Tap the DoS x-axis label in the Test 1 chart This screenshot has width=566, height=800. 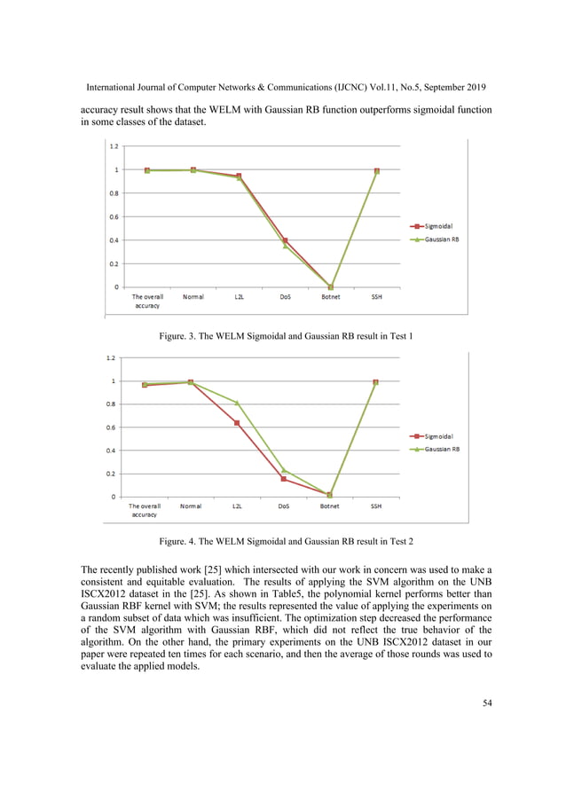284,297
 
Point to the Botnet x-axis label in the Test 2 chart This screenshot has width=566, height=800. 329,507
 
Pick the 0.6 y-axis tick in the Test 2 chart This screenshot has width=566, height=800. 109,427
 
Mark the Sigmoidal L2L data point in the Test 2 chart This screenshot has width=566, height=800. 237,423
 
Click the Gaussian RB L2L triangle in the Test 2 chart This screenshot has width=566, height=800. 237,403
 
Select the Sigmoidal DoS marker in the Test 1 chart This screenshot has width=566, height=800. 285,240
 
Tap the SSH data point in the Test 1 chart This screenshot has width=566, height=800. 376,171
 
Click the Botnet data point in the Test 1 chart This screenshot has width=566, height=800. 331,286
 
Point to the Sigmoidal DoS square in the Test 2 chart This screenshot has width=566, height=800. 284,479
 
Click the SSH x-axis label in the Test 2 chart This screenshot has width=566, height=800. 376,507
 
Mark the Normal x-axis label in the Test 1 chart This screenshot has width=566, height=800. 193,297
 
